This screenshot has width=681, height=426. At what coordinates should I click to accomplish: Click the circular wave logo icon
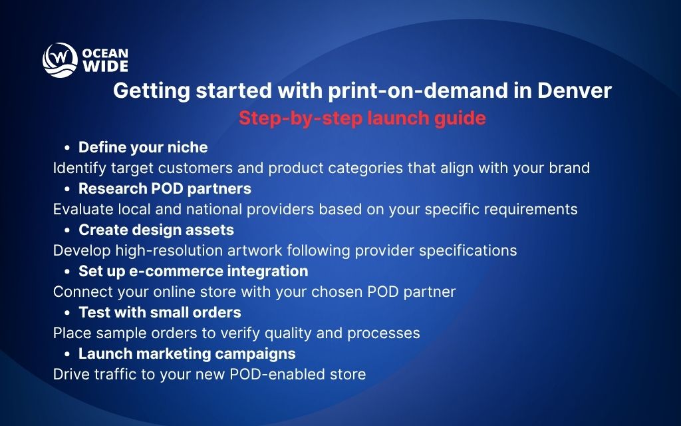(61, 59)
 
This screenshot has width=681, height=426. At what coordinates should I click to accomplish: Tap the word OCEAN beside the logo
(105, 53)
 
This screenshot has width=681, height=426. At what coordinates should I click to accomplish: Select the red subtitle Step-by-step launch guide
(362, 118)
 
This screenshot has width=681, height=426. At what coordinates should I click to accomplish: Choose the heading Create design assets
(156, 230)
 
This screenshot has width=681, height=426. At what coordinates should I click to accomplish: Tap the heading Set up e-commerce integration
(193, 271)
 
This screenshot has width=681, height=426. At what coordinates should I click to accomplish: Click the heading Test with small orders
(160, 312)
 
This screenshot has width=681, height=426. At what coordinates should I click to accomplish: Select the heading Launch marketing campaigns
(187, 353)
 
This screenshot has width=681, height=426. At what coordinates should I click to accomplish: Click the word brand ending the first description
(569, 168)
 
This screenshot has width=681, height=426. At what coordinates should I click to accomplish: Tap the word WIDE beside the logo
(105, 66)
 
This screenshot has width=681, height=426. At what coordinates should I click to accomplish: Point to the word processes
(386, 333)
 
